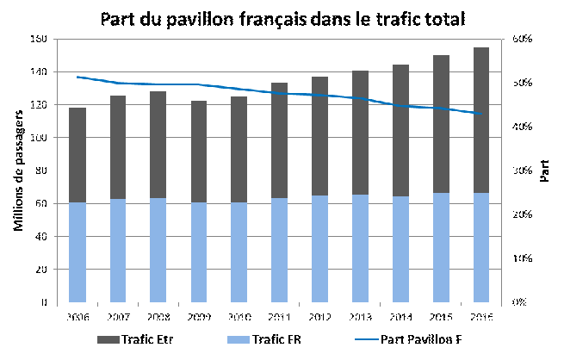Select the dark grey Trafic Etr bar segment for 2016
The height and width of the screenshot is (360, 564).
tap(480, 120)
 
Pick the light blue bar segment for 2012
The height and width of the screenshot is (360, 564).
tap(319, 249)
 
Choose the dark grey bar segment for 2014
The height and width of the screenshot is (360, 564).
tap(400, 130)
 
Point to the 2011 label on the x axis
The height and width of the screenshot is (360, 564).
tap(279, 315)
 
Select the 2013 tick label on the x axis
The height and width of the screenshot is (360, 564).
tap(360, 315)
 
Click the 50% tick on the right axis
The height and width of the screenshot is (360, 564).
tap(523, 84)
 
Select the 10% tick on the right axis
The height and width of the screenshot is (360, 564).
tap(523, 258)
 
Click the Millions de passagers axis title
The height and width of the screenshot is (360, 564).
tap(18, 171)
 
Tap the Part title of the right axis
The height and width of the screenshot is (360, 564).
tap(544, 171)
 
